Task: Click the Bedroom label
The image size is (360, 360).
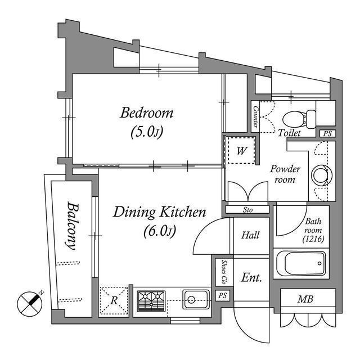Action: [x=147, y=113]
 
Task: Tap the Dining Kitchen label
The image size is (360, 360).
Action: [x=160, y=212]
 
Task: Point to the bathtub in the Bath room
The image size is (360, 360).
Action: [x=301, y=263]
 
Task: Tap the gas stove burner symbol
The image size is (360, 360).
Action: [x=152, y=300]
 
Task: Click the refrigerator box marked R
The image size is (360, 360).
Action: [x=114, y=300]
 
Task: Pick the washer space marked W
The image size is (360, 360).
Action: [x=241, y=151]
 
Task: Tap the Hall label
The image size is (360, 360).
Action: [x=250, y=235]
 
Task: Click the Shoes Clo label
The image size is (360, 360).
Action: [x=223, y=272]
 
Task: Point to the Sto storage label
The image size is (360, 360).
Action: [x=247, y=210]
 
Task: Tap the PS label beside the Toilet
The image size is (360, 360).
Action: [x=327, y=134]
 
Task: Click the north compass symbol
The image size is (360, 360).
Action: [x=31, y=303]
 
